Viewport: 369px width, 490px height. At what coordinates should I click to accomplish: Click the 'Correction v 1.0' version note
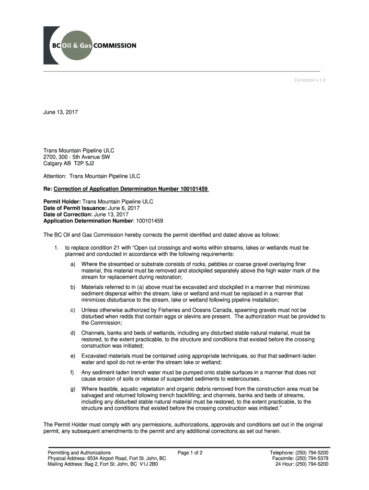click(x=310, y=80)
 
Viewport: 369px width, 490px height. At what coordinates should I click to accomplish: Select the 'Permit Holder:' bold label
click(x=62, y=202)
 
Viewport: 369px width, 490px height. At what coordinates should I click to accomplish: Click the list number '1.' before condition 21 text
click(x=57, y=248)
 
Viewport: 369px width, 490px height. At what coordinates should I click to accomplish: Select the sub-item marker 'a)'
click(x=73, y=264)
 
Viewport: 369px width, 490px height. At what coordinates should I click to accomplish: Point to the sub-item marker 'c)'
click(x=73, y=310)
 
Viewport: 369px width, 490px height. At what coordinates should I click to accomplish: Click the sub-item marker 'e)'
click(x=73, y=356)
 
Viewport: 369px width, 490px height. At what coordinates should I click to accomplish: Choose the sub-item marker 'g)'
click(x=73, y=389)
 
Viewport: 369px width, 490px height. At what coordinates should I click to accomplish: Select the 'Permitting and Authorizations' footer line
click(x=79, y=452)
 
